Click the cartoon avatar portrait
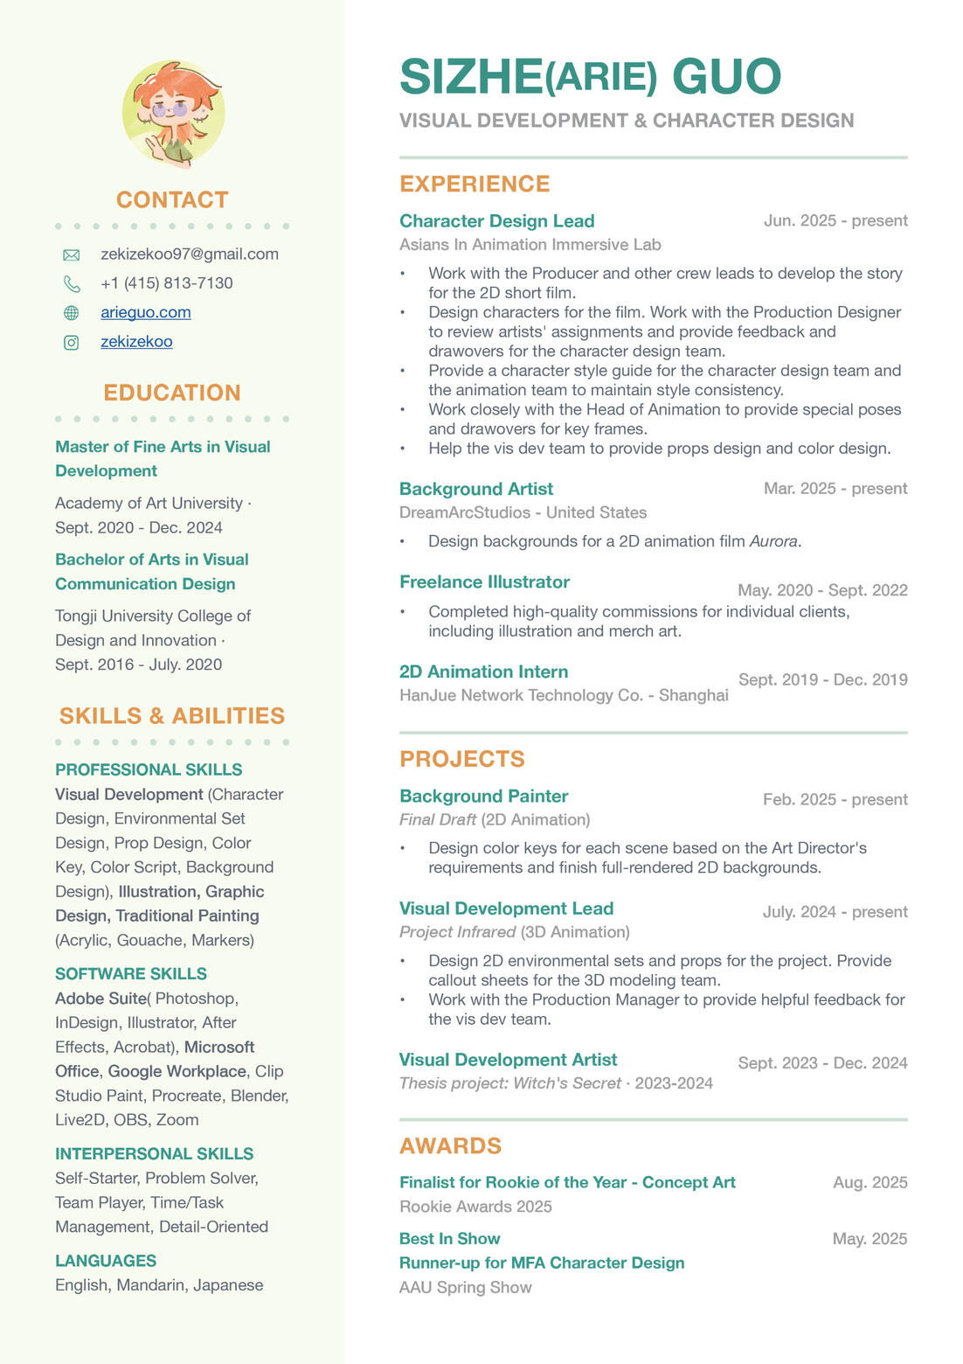(x=173, y=113)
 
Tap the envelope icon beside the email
(x=72, y=255)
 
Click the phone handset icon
(x=72, y=284)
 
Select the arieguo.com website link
(x=146, y=312)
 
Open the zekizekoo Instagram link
(x=136, y=341)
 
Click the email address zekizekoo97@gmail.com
(x=190, y=254)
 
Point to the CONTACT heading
(x=172, y=199)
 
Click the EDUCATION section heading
(x=172, y=393)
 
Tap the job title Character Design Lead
(x=496, y=221)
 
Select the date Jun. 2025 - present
(x=835, y=220)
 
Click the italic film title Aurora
(x=773, y=541)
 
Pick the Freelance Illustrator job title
(x=484, y=582)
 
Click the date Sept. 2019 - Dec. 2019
(x=822, y=679)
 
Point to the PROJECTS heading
(x=462, y=759)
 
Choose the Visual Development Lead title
(x=506, y=908)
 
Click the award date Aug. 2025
(x=869, y=1182)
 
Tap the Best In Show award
(x=449, y=1239)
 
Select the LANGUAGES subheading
(x=106, y=1261)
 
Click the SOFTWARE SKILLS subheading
(x=131, y=974)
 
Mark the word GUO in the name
(x=726, y=77)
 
